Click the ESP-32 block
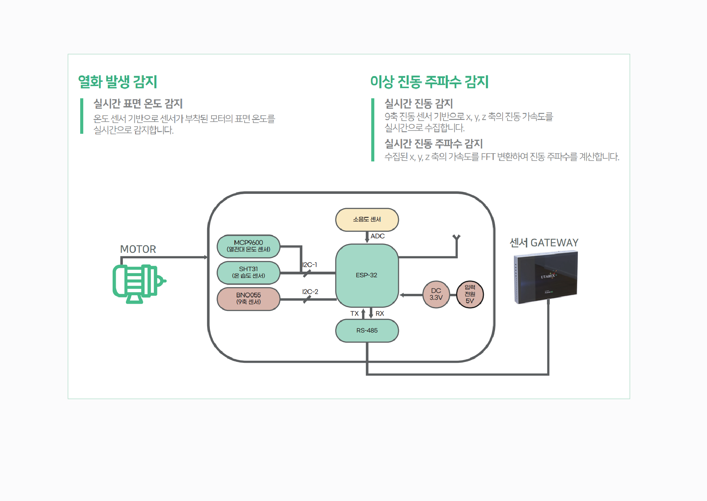coord(367,275)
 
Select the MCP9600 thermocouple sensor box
coord(248,246)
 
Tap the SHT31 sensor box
coord(248,272)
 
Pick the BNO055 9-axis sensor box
coord(248,299)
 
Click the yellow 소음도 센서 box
coord(367,219)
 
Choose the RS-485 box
coord(367,330)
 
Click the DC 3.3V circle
coord(436,294)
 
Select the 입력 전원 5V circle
coord(470,294)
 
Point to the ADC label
coord(377,236)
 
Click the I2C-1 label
coord(309,264)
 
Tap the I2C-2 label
coord(310,292)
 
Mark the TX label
coord(354,313)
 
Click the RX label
coord(379,313)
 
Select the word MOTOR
coord(138,249)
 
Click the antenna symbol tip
coord(456,237)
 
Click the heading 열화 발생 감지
coord(117,82)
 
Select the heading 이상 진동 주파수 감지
coord(429,82)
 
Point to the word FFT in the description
coord(488,157)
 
